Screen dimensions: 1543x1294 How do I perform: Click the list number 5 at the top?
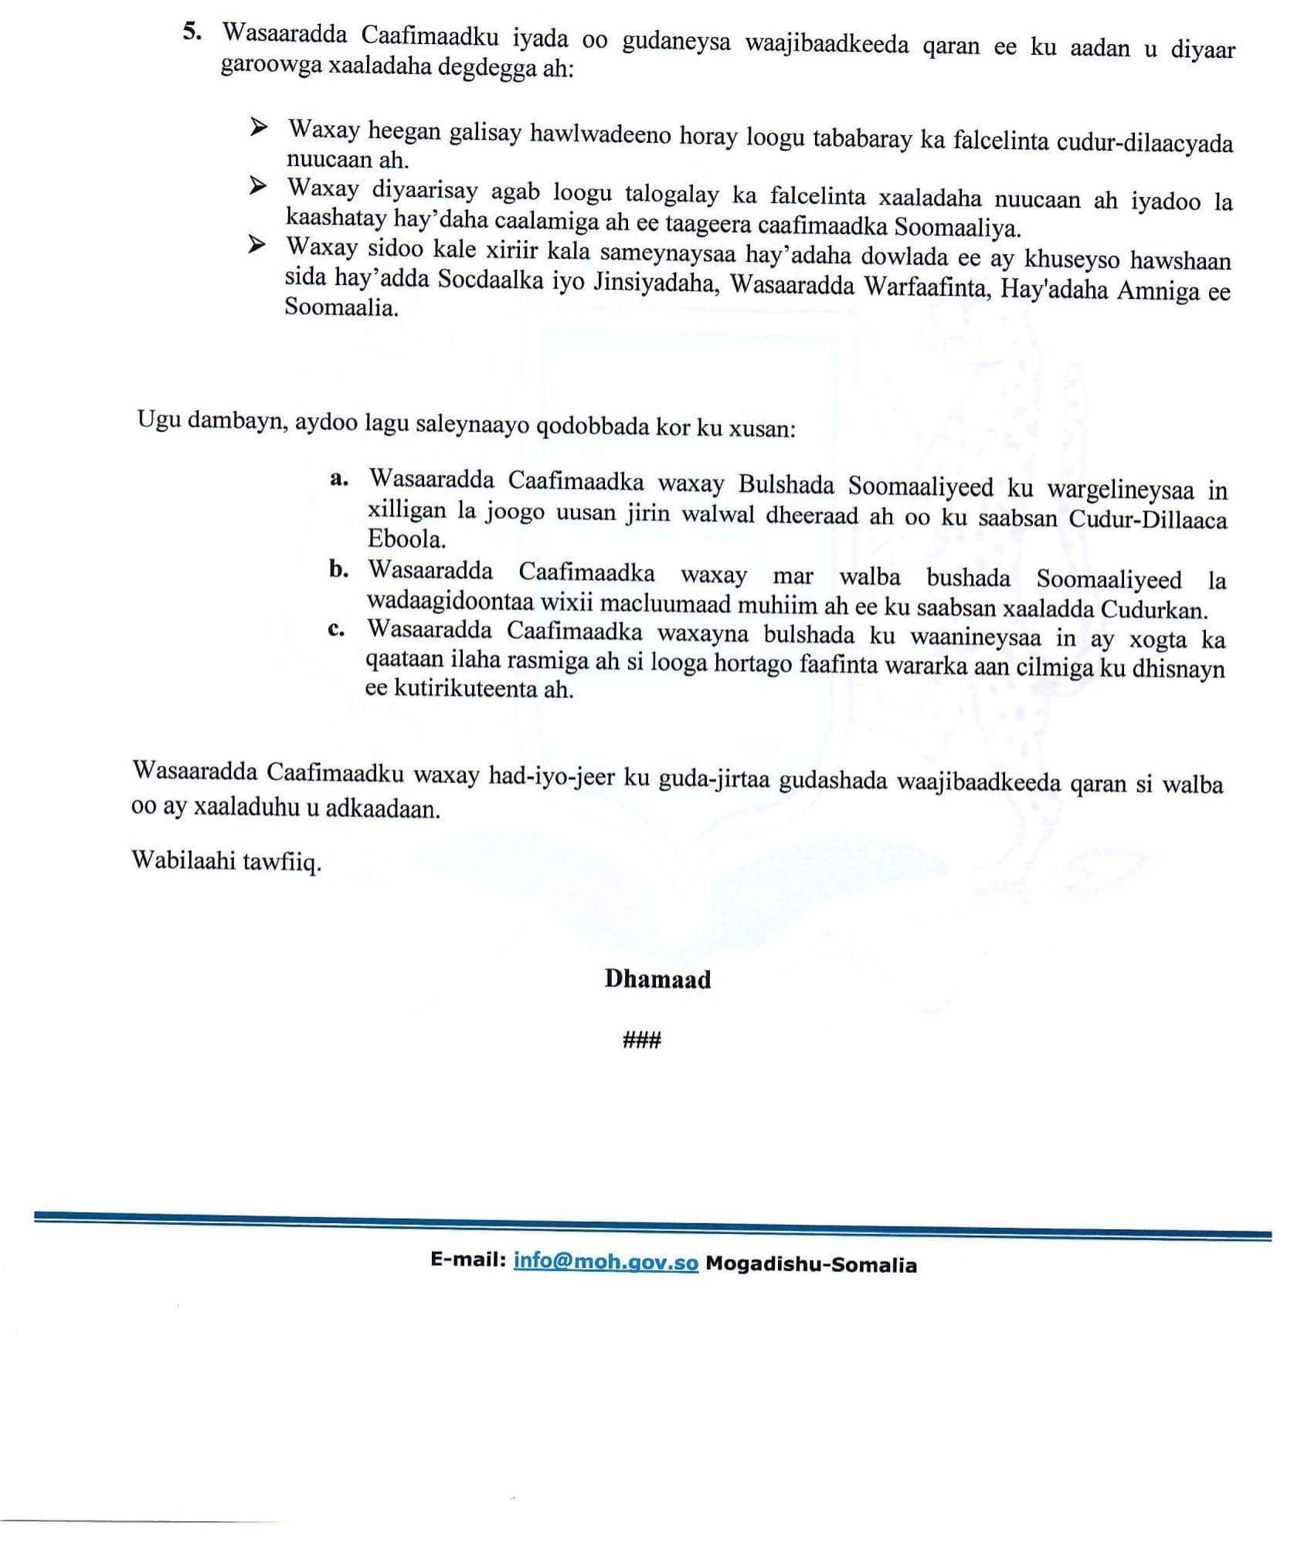[189, 33]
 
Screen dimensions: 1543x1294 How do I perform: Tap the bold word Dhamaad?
[657, 979]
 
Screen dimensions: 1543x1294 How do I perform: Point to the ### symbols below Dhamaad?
[641, 1040]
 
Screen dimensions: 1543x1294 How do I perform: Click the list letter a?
[338, 479]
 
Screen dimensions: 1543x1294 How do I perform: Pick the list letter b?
[338, 570]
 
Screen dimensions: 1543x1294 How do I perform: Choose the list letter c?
[336, 629]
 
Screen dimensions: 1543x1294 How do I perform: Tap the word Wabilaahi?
[181, 860]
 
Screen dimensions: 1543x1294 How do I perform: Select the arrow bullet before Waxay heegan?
[258, 127]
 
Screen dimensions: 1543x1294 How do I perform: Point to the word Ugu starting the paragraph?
[158, 420]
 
